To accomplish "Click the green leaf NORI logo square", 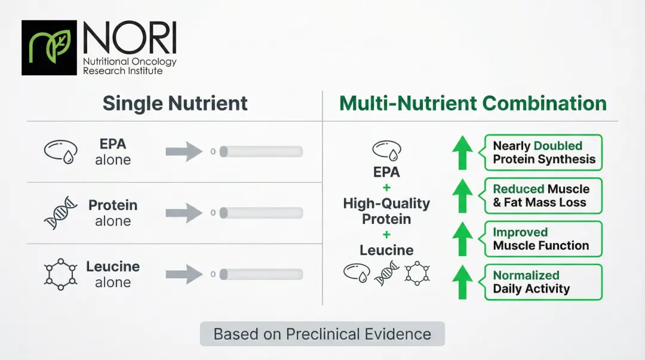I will tap(49, 48).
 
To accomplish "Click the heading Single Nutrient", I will tap(175, 103).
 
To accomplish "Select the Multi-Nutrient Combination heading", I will tap(472, 103).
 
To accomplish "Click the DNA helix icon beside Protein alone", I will tap(61, 213).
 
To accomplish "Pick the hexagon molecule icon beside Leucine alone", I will tap(61, 274).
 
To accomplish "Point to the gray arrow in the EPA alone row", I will tap(185, 152).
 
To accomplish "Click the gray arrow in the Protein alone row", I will tap(185, 213).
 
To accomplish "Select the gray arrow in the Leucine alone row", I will tap(185, 274).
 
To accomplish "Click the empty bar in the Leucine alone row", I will tap(261, 274).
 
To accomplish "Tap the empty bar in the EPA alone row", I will tap(261, 152).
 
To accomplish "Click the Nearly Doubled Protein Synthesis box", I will tap(543, 152).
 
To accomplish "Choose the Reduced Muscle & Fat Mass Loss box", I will tap(543, 196).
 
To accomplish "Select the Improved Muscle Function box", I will tap(543, 239).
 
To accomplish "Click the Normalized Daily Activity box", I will tap(543, 282).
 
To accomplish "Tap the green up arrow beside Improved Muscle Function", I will tap(462, 239).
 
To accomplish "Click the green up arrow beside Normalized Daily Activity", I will tap(462, 282).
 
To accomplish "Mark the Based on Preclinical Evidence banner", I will tap(322, 334).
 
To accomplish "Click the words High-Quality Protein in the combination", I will tap(386, 211).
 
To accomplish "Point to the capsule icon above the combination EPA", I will tap(386, 149).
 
